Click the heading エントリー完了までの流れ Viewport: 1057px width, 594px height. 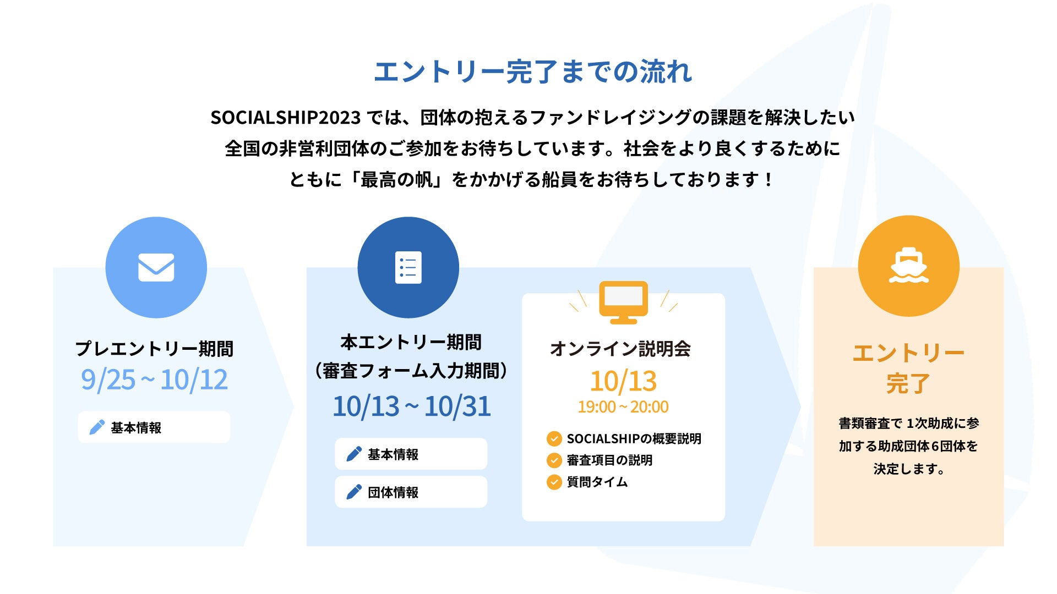pyautogui.click(x=533, y=72)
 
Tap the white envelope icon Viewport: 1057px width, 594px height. pyautogui.click(x=156, y=267)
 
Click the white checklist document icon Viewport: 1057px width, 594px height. pyautogui.click(x=408, y=267)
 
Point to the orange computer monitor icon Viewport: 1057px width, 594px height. pyautogui.click(x=624, y=302)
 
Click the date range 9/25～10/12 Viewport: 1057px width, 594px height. pyautogui.click(x=154, y=380)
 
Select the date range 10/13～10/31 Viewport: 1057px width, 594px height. pyautogui.click(x=411, y=406)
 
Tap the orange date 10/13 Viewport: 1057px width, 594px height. pyautogui.click(x=623, y=381)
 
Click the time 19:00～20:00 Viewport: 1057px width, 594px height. pyautogui.click(x=623, y=407)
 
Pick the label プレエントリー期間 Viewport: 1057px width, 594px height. pyautogui.click(x=154, y=349)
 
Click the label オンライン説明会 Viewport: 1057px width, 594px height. pyautogui.click(x=620, y=349)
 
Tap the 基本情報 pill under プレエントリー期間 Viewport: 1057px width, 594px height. pyautogui.click(x=154, y=427)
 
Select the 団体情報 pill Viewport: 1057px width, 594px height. pyautogui.click(x=411, y=492)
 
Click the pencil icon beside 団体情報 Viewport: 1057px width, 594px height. pyautogui.click(x=354, y=492)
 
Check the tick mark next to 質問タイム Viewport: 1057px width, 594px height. pyautogui.click(x=554, y=482)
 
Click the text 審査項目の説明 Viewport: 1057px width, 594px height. pyautogui.click(x=609, y=460)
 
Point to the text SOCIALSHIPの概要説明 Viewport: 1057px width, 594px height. pyautogui.click(x=634, y=439)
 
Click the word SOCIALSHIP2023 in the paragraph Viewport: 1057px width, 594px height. pyautogui.click(x=285, y=118)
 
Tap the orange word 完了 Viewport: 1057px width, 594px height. pyautogui.click(x=908, y=384)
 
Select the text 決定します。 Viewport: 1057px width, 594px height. pyautogui.click(x=909, y=469)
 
